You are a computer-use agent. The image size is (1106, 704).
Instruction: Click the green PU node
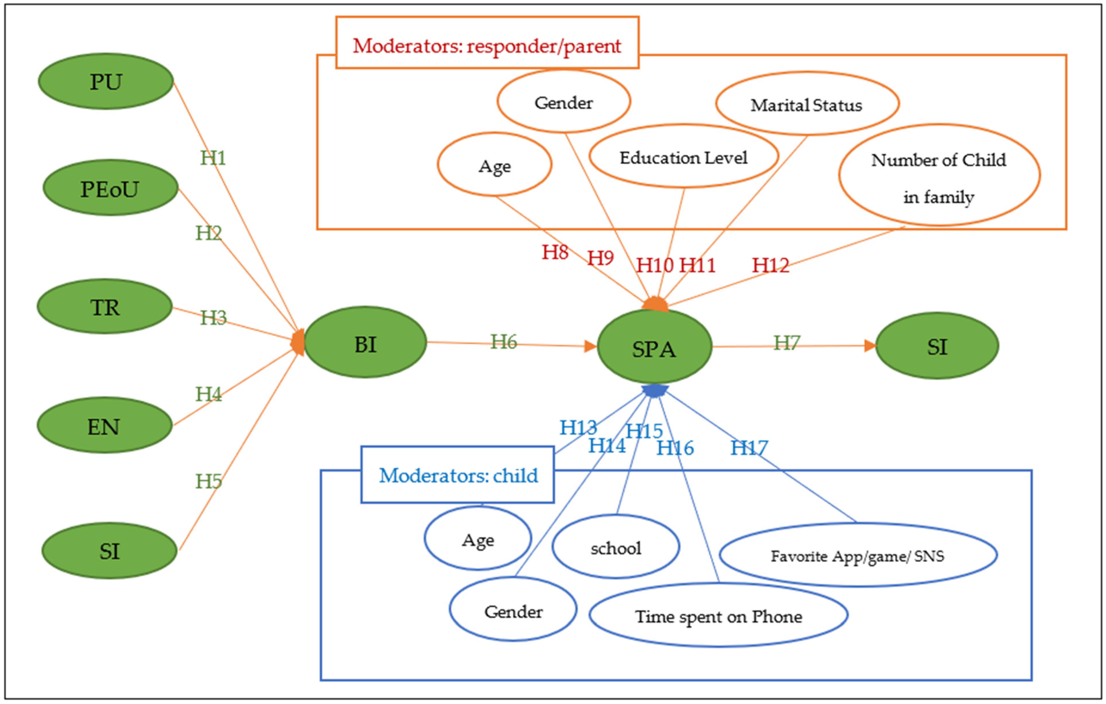[x=106, y=81]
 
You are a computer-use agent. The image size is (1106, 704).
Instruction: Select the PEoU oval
[x=110, y=188]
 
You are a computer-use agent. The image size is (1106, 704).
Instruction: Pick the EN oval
[x=105, y=425]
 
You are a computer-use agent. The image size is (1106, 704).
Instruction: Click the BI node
[x=365, y=342]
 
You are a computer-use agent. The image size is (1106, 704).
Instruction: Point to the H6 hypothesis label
[x=503, y=342]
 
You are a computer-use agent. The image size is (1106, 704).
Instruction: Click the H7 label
[x=786, y=343]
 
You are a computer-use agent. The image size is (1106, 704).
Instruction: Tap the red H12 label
[x=770, y=265]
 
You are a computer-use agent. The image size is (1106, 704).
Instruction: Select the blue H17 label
[x=749, y=448]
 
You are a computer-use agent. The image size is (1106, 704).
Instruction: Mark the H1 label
[x=213, y=158]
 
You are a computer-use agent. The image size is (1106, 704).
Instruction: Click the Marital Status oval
[x=807, y=104]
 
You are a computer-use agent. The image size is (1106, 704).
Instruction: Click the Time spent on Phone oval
[x=718, y=615]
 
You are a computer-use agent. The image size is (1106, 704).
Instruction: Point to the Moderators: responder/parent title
[x=487, y=46]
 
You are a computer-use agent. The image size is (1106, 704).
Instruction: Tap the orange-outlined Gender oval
[x=563, y=101]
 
